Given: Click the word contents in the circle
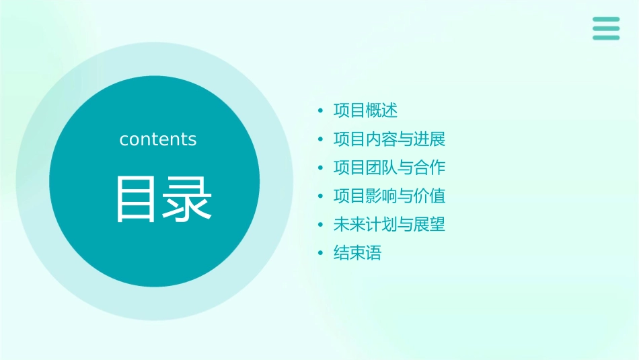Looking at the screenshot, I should point(158,139).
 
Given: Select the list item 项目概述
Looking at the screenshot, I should point(365,110).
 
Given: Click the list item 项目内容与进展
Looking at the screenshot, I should point(389,139).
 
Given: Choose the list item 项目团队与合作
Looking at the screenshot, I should point(389,168).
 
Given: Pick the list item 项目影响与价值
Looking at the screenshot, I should point(389,196).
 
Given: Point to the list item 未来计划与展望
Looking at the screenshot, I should point(389,225).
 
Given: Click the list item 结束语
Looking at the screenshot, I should point(357,254).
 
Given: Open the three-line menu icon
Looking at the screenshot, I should point(606,28).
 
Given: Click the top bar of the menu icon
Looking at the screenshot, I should point(606,20).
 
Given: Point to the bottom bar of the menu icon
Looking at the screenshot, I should point(606,38).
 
